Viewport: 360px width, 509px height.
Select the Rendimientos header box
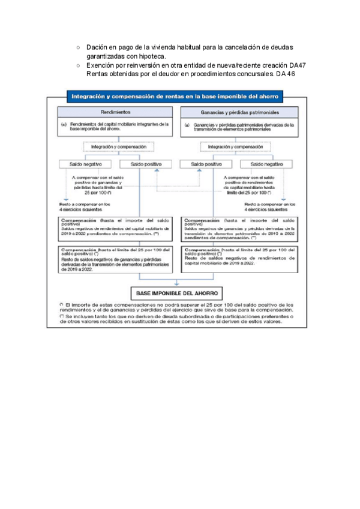tap(116, 112)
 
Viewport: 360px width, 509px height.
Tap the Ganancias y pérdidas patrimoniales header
tap(240, 112)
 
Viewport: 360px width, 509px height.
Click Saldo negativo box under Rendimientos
tap(84, 164)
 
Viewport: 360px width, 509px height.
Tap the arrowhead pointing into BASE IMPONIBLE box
tap(176, 282)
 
